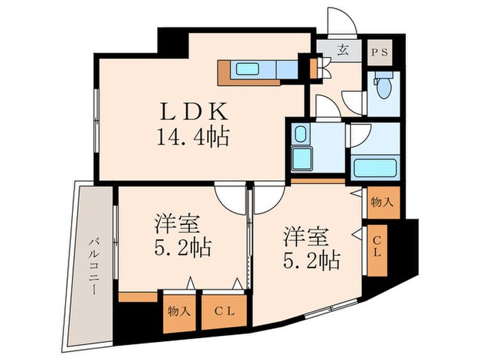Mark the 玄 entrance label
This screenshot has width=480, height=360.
coord(341,50)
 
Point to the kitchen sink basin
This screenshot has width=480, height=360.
coord(245,68)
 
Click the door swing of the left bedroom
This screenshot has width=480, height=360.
coord(230,197)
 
